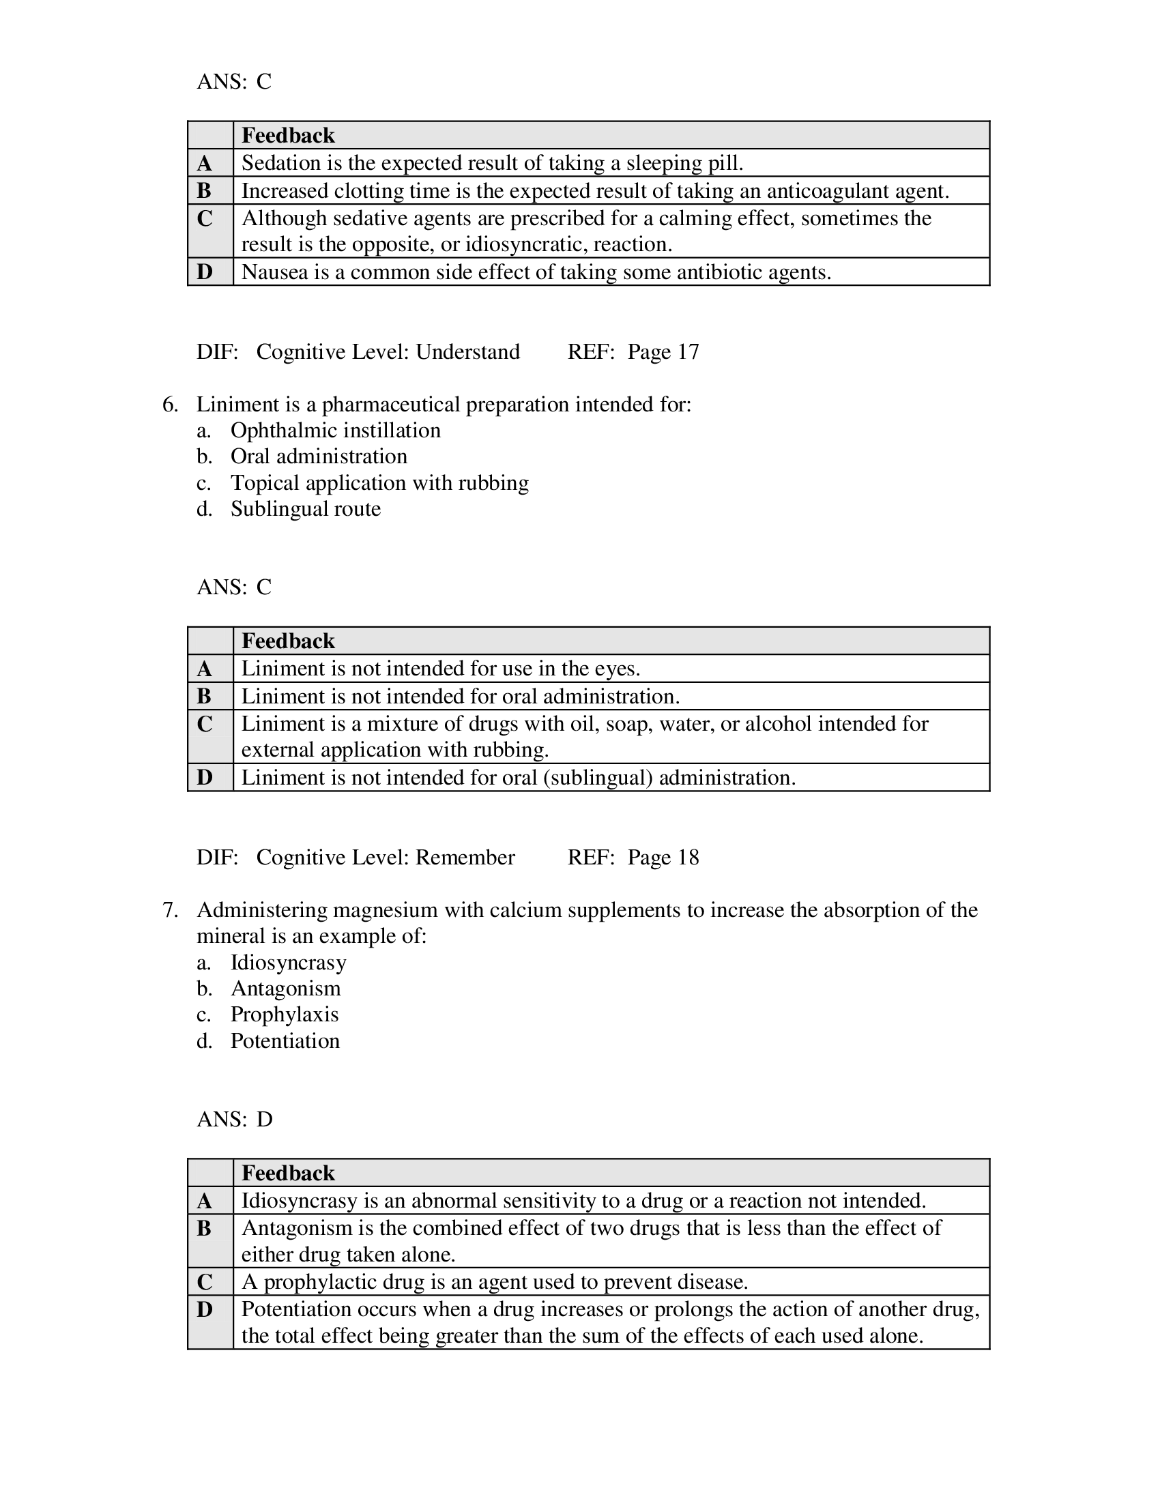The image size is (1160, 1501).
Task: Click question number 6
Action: pyautogui.click(x=170, y=405)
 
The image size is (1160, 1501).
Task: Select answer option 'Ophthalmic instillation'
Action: pyautogui.click(x=335, y=431)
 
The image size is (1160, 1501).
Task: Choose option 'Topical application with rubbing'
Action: pyautogui.click(x=379, y=483)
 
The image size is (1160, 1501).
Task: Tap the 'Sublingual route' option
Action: pyautogui.click(x=305, y=509)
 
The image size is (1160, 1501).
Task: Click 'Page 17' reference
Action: pyautogui.click(x=663, y=352)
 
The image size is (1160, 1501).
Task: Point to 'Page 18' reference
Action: pyautogui.click(x=663, y=858)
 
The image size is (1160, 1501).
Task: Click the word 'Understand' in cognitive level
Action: pyautogui.click(x=467, y=352)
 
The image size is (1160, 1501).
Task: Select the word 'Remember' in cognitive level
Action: pyautogui.click(x=465, y=858)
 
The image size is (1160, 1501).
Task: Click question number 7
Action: pyautogui.click(x=170, y=911)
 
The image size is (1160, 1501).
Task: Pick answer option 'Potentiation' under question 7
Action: pyautogui.click(x=285, y=1041)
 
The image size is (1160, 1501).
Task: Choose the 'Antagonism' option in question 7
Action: pyautogui.click(x=285, y=989)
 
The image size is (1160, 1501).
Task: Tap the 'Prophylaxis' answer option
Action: pyautogui.click(x=285, y=1015)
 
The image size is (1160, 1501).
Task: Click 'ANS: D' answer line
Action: pyautogui.click(x=234, y=1120)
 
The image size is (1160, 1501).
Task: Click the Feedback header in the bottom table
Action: pyautogui.click(x=288, y=1174)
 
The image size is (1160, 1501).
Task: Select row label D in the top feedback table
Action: pyautogui.click(x=205, y=272)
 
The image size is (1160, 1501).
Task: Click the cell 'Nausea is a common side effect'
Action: pyautogui.click(x=536, y=272)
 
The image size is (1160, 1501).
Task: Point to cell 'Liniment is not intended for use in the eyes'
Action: pyautogui.click(x=441, y=669)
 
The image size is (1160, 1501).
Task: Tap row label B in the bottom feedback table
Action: pyautogui.click(x=205, y=1228)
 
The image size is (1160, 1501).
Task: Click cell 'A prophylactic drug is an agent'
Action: pyautogui.click(x=494, y=1283)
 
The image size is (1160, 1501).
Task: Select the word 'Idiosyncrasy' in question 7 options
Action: pyautogui.click(x=288, y=963)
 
